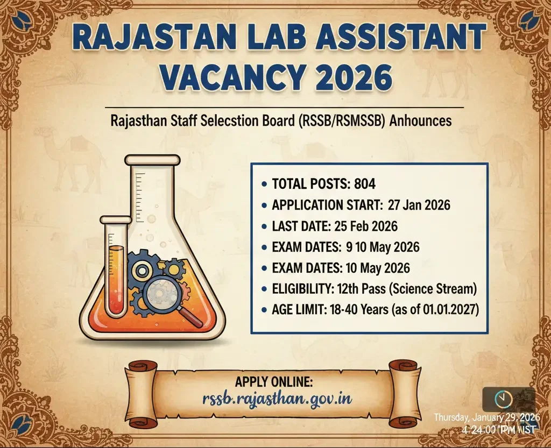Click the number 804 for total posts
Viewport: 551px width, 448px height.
click(365, 184)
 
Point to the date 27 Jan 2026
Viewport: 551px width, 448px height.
click(419, 205)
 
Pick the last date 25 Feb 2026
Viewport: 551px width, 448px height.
click(366, 226)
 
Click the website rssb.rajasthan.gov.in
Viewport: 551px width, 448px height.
click(277, 399)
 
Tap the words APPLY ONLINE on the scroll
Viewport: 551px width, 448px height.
click(274, 382)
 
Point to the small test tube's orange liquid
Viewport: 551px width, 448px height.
click(116, 281)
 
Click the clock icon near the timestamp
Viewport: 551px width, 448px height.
click(503, 399)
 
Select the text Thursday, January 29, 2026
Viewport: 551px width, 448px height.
click(485, 418)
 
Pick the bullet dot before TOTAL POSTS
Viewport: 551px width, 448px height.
click(264, 184)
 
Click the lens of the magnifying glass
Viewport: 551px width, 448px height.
click(161, 293)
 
